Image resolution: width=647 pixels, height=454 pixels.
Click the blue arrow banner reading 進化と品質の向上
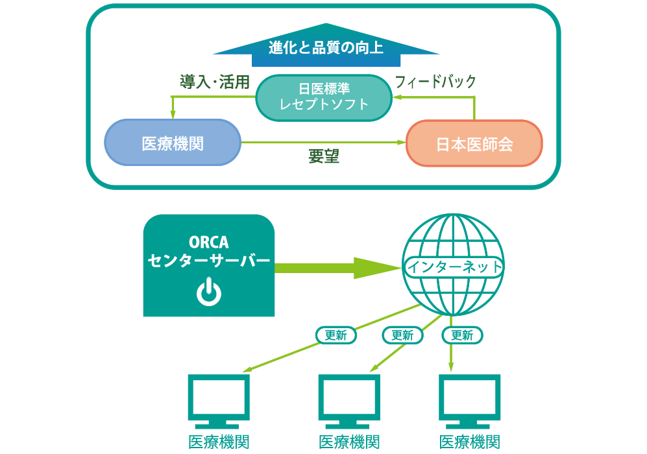coord(326,48)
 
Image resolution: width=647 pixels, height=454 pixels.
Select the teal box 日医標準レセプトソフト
coord(324,97)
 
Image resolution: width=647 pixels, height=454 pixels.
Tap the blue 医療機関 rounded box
coord(173,143)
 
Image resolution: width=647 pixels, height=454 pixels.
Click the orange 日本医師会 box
coord(474,143)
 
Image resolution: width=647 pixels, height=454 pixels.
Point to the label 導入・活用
coord(215,82)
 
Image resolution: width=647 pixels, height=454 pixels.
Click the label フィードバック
coord(435,82)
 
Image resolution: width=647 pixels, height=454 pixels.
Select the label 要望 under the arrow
coord(323,157)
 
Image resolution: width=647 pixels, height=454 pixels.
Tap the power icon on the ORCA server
coord(208,293)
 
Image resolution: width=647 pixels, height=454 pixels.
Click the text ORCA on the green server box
coord(208,242)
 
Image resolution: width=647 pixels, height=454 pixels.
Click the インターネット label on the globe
coord(454,267)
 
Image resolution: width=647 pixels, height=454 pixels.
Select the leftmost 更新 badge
coord(336,335)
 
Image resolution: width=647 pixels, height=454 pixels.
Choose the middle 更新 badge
coord(402,335)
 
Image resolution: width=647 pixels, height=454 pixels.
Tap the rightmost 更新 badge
coord(462,335)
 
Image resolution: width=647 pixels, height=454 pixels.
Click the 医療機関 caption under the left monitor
coord(219,442)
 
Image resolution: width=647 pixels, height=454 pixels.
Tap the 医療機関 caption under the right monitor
coord(470,442)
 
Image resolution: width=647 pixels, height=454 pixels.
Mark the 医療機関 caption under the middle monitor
coord(349,442)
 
